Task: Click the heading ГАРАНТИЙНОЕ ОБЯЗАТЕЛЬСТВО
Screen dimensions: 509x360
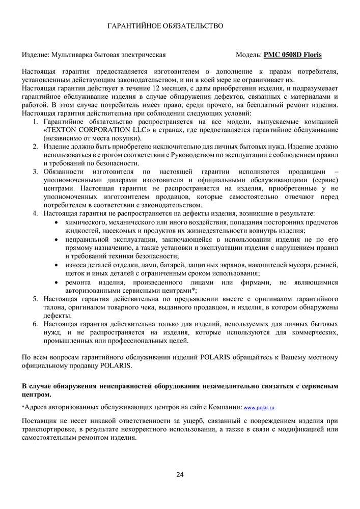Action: click(x=165, y=25)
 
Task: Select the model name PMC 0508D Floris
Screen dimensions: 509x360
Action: click(x=292, y=54)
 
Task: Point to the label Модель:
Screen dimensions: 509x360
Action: click(x=248, y=54)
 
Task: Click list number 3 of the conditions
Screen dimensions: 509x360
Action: click(x=36, y=172)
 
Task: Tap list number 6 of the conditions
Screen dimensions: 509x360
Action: click(x=36, y=324)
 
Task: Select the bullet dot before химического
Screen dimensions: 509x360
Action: click(x=56, y=223)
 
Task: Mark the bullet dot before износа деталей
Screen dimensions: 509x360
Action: click(x=56, y=266)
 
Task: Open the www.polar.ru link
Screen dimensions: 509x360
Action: click(x=260, y=408)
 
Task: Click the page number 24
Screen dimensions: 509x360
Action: click(x=180, y=475)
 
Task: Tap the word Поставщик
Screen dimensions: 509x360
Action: click(x=40, y=421)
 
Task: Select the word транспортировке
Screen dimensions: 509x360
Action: click(x=51, y=430)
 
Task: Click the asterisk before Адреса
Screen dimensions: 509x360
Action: click(x=23, y=407)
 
